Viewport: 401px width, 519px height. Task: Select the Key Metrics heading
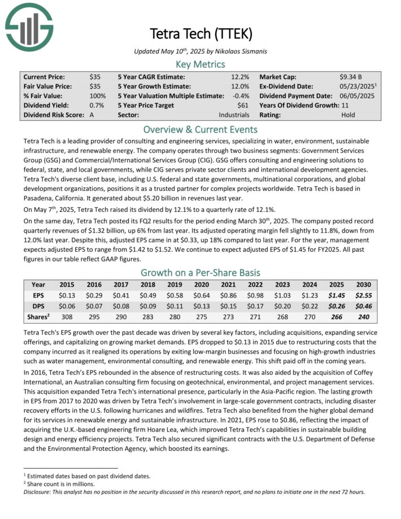[200, 64]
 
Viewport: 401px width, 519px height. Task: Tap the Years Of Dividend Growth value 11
[345, 105]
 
